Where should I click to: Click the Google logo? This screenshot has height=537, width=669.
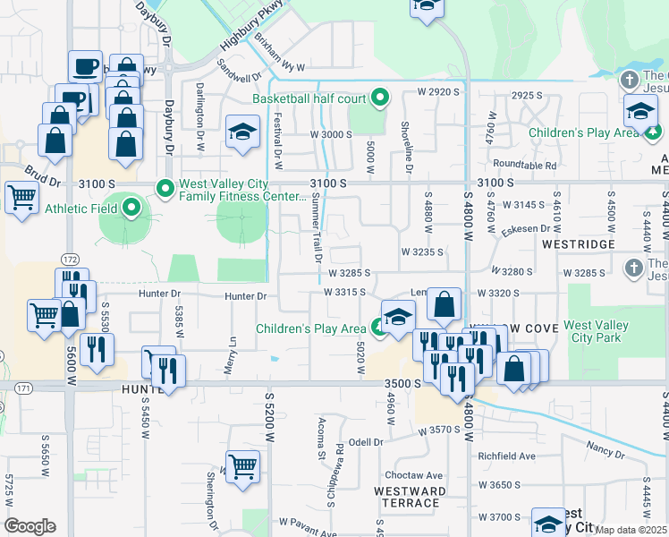coord(30,526)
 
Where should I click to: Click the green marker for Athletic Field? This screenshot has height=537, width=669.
coord(132,209)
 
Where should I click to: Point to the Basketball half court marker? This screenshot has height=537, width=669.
coord(380,98)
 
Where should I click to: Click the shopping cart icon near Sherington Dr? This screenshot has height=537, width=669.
coord(242,466)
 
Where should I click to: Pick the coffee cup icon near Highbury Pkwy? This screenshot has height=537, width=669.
coord(85,66)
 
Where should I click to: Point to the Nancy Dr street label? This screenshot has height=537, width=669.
coord(605,445)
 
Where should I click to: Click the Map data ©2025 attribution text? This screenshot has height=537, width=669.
coord(631,530)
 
